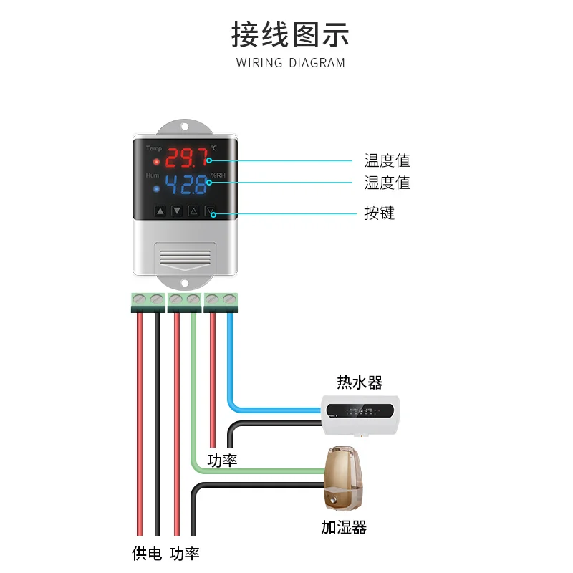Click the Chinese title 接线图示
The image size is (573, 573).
pyautogui.click(x=290, y=34)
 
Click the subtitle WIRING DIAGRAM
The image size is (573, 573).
pyautogui.click(x=290, y=63)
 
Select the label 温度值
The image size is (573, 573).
pyautogui.click(x=387, y=160)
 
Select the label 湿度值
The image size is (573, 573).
pyautogui.click(x=387, y=183)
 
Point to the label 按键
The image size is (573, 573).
pyautogui.click(x=379, y=213)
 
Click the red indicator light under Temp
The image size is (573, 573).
pyautogui.click(x=156, y=161)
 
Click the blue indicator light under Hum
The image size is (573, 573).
pyautogui.click(x=156, y=188)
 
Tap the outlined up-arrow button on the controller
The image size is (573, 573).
pyautogui.click(x=193, y=211)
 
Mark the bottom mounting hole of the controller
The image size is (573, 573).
pyautogui.click(x=186, y=283)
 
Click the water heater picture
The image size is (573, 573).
pyautogui.click(x=360, y=415)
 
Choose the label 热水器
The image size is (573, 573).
pyautogui.click(x=360, y=382)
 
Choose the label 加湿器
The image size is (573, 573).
pyautogui.click(x=344, y=528)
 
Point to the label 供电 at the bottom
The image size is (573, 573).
pyautogui.click(x=147, y=553)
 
